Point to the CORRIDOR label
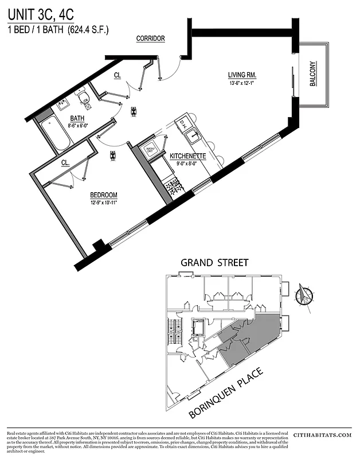coord(151,38)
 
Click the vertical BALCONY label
coord(313,74)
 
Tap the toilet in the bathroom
coord(84,96)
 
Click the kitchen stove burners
coord(173,185)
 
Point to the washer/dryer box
coord(152,150)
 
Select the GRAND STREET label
coord(215,263)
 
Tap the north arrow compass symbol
coord(304,297)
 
